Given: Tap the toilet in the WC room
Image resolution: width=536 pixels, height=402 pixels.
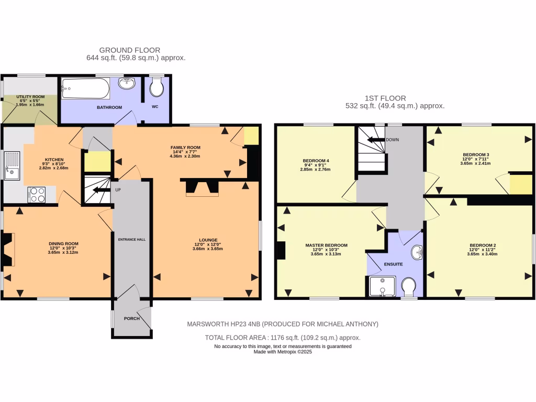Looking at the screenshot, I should point(156,88).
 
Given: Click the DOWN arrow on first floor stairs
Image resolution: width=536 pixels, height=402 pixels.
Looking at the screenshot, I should point(375,140).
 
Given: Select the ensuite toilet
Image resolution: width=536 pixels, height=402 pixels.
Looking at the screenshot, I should point(409,286).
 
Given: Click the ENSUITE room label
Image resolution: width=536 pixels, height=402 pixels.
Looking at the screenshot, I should point(393,264).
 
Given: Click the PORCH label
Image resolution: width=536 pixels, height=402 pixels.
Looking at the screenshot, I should point(131,318).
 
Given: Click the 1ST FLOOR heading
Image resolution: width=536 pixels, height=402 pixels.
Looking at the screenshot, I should point(385,98).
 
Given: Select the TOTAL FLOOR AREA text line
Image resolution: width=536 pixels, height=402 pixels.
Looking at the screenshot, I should point(282,338).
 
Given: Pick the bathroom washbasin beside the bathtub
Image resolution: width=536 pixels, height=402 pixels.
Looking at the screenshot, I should point(127,84).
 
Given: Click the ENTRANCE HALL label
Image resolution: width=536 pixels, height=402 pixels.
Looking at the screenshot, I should point(131,239).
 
